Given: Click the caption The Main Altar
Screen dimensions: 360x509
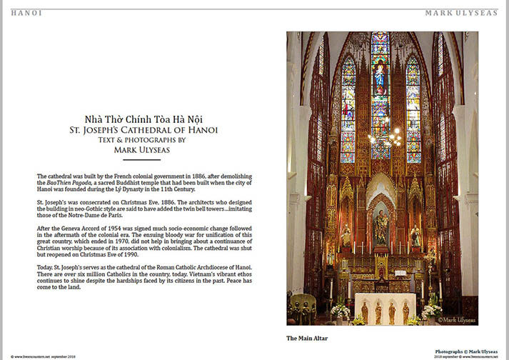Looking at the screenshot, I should pos(308,337).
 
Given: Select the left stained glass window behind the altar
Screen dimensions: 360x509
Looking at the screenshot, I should pos(348,111).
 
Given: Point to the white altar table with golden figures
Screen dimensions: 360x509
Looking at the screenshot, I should pos(385,309).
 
